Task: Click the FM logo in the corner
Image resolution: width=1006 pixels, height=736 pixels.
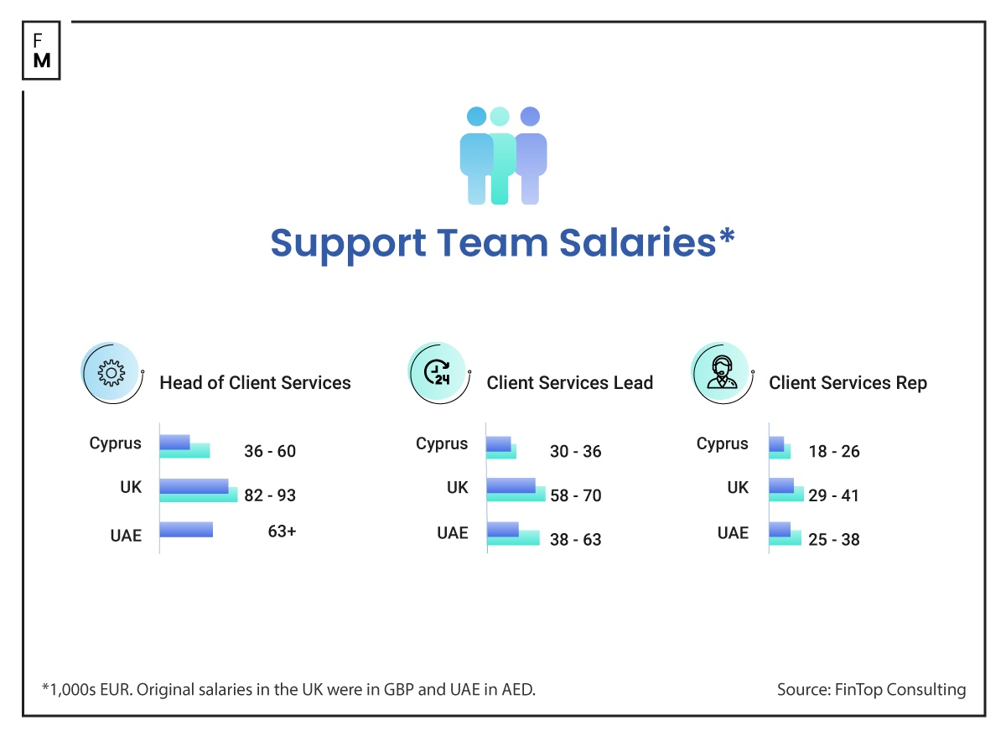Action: click(41, 50)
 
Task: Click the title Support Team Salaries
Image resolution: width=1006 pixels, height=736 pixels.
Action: click(502, 243)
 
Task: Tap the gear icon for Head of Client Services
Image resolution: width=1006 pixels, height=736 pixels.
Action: click(111, 373)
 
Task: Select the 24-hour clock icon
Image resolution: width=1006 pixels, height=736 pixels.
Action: click(437, 373)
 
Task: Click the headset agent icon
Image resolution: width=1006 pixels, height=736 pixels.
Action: click(719, 373)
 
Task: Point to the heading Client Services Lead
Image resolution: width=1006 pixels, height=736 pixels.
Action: click(569, 383)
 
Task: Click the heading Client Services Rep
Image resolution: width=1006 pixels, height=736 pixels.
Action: click(848, 383)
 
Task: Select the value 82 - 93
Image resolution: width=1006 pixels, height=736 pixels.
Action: click(270, 495)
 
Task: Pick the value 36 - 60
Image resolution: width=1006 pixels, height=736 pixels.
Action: click(270, 451)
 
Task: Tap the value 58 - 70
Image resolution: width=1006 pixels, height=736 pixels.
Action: click(575, 495)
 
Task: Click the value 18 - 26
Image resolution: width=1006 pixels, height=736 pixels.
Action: click(833, 451)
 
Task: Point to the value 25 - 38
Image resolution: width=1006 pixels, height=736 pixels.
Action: click(833, 539)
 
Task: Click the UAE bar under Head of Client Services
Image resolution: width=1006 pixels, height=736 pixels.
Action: click(186, 530)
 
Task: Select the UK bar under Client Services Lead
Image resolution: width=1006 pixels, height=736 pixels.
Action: click(515, 490)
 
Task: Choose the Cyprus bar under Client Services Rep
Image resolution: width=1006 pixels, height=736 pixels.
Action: click(780, 447)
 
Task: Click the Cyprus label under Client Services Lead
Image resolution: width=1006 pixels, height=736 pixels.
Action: click(442, 443)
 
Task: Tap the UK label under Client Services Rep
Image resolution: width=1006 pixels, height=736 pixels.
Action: click(738, 487)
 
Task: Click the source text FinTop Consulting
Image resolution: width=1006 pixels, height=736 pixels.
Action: click(871, 690)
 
